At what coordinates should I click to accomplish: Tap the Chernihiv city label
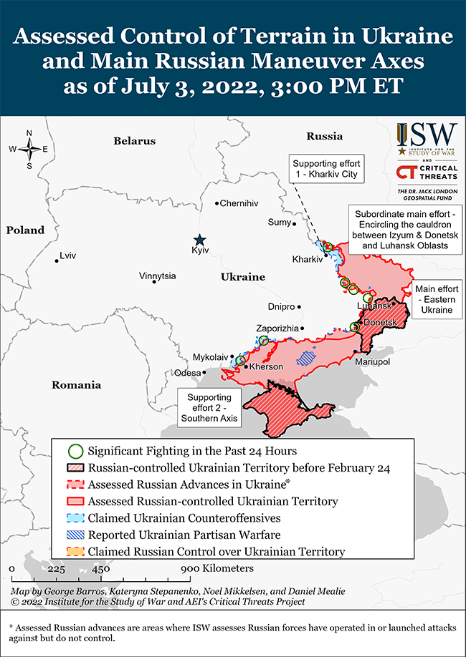click(x=239, y=203)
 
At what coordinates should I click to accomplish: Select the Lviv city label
click(x=68, y=255)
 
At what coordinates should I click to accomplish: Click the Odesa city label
click(x=187, y=373)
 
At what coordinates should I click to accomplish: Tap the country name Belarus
click(x=134, y=141)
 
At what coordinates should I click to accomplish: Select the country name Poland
click(x=25, y=230)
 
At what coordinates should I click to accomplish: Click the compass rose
click(x=29, y=149)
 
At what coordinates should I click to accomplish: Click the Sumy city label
click(x=279, y=223)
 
